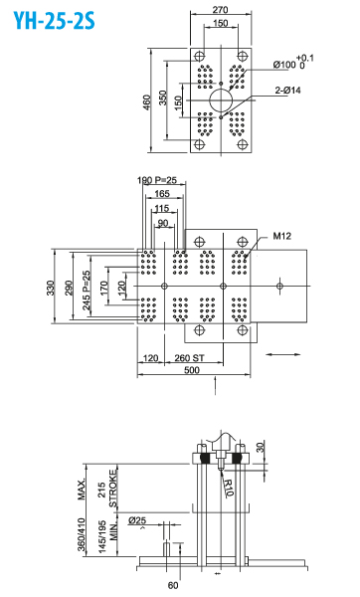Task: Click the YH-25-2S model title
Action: tap(54, 21)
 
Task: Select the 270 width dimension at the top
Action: tap(221, 10)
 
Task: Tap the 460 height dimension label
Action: tap(147, 102)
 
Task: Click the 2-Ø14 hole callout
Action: tap(288, 91)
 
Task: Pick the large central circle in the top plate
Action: tap(221, 100)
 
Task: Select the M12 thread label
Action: tap(282, 236)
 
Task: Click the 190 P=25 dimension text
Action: tap(157, 180)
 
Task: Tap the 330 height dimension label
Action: tap(51, 288)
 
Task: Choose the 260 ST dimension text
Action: tap(189, 358)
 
